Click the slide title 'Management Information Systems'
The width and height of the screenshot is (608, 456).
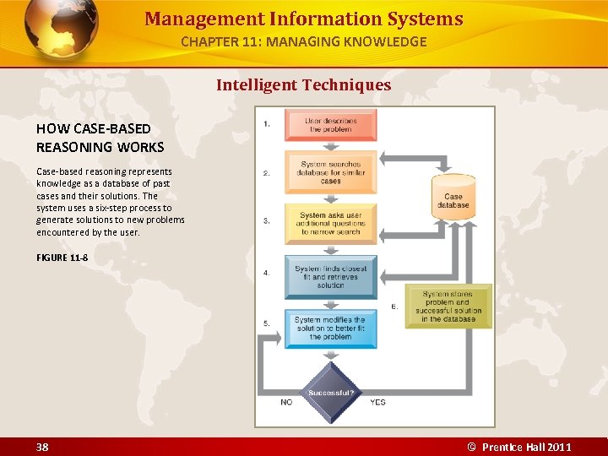(304, 19)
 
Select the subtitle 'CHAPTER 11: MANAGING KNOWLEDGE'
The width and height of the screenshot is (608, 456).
(304, 41)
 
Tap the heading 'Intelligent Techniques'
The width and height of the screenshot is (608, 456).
(304, 84)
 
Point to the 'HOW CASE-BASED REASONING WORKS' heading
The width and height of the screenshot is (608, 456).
(100, 138)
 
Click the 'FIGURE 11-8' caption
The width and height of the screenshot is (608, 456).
(62, 257)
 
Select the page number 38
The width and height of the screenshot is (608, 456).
(42, 447)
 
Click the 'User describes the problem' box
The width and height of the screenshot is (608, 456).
(332, 125)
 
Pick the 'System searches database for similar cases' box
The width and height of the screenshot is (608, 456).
(331, 172)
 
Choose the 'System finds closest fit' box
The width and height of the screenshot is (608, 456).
(331, 277)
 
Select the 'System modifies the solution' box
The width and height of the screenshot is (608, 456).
(331, 328)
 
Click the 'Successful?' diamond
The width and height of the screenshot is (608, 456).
(331, 393)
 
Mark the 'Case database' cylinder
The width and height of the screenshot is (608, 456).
(453, 197)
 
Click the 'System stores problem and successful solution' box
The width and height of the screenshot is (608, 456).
(448, 307)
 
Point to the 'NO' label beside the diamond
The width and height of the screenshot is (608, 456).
(286, 402)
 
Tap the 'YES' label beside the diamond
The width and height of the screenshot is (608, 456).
(377, 402)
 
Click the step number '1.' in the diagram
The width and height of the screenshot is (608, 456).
(267, 124)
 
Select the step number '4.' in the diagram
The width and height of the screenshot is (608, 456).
(267, 273)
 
